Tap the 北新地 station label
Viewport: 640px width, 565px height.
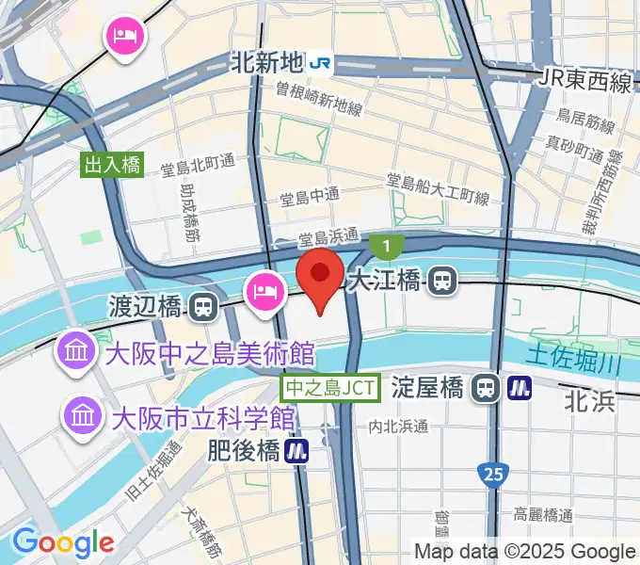(x=267, y=62)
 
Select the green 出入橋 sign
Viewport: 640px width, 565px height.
(x=112, y=166)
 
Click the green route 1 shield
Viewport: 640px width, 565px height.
(x=386, y=247)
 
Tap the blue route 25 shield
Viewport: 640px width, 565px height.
(x=489, y=473)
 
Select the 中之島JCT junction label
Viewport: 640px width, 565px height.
(x=331, y=386)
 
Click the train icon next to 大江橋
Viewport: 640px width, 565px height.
(x=442, y=280)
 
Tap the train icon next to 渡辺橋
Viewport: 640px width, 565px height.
(x=201, y=306)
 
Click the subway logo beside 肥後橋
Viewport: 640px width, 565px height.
(x=298, y=451)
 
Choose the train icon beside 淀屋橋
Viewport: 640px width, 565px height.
(x=486, y=387)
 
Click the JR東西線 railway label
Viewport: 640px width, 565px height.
(x=586, y=82)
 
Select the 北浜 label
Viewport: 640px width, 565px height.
(x=590, y=402)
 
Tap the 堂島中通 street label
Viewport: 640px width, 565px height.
(x=311, y=199)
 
